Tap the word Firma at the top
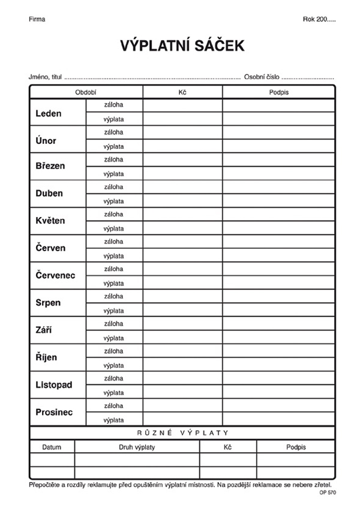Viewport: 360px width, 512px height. click(37, 19)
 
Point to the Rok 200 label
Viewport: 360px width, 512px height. click(319, 19)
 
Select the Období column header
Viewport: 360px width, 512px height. click(86, 92)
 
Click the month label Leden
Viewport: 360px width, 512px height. click(49, 113)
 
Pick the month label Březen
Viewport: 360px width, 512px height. click(50, 167)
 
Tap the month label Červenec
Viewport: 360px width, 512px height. click(55, 275)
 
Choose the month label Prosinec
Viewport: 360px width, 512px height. click(54, 412)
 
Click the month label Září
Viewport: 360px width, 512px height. click(44, 330)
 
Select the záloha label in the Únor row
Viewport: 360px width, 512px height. click(113, 132)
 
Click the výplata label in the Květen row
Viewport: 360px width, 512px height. click(113, 228)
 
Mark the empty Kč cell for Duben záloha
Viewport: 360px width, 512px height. click(182, 187)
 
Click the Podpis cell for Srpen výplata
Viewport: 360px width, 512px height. click(278, 310)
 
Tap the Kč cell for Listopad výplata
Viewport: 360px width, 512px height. click(182, 393)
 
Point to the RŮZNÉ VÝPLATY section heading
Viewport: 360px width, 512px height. click(182, 433)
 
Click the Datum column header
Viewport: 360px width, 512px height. click(52, 447)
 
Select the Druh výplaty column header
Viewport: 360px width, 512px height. click(137, 447)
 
